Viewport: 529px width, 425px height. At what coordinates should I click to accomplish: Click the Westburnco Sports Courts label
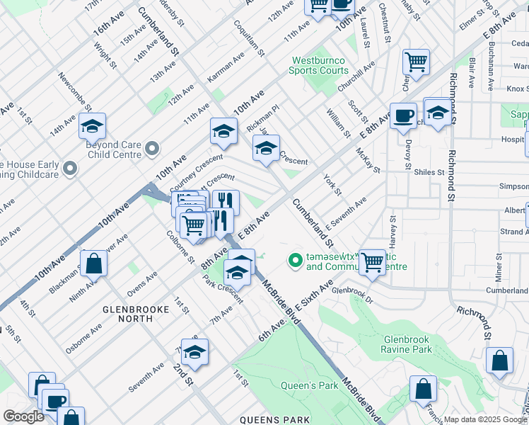(319, 66)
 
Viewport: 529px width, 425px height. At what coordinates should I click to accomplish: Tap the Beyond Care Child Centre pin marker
(152, 149)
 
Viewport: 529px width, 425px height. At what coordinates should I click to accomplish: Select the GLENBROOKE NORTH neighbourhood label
(127, 314)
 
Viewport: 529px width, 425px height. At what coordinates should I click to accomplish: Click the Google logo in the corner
(23, 416)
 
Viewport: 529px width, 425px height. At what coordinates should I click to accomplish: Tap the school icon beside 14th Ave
(92, 126)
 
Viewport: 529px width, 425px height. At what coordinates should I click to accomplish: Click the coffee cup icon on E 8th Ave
(403, 115)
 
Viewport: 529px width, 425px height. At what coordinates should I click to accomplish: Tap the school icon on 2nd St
(194, 352)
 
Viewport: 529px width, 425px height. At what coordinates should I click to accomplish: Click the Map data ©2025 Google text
(484, 419)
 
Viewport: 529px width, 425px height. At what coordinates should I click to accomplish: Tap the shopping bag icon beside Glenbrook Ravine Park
(499, 361)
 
